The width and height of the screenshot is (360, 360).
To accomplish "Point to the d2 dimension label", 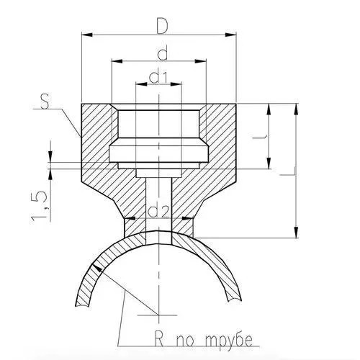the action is (x=159, y=211).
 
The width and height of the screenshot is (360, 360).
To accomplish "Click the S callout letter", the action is (x=45, y=102).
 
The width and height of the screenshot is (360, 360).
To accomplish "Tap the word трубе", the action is (x=229, y=340).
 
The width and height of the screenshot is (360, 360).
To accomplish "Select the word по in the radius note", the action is (x=185, y=341).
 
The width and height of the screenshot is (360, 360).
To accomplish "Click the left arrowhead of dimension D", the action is (x=87, y=35).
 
